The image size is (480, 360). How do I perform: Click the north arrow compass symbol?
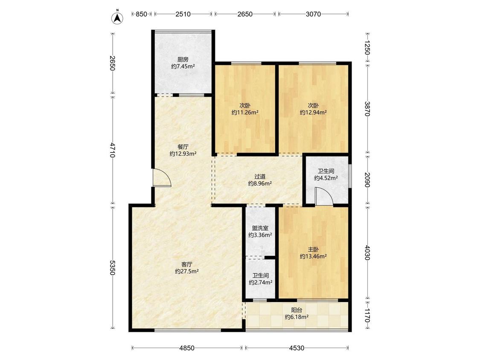(117, 18)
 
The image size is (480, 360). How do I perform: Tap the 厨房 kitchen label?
(183, 59)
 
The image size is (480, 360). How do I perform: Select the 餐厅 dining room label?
(183, 147)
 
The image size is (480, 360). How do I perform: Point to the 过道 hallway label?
(260, 177)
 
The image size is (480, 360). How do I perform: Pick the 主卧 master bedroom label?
(313, 250)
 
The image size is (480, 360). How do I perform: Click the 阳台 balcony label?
(297, 310)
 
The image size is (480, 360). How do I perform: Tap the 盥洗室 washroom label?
(260, 228)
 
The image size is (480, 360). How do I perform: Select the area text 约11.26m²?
(245, 112)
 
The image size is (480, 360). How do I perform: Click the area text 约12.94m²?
(313, 112)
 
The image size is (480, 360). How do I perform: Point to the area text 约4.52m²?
(326, 178)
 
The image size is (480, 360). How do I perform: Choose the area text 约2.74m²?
(261, 282)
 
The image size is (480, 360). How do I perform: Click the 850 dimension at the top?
(141, 14)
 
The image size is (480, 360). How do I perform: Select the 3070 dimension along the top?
(313, 14)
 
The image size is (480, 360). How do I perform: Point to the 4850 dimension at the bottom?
(187, 348)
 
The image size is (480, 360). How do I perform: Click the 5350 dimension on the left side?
(112, 268)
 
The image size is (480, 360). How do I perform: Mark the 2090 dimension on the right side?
(367, 180)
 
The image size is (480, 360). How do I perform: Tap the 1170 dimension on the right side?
(367, 315)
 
